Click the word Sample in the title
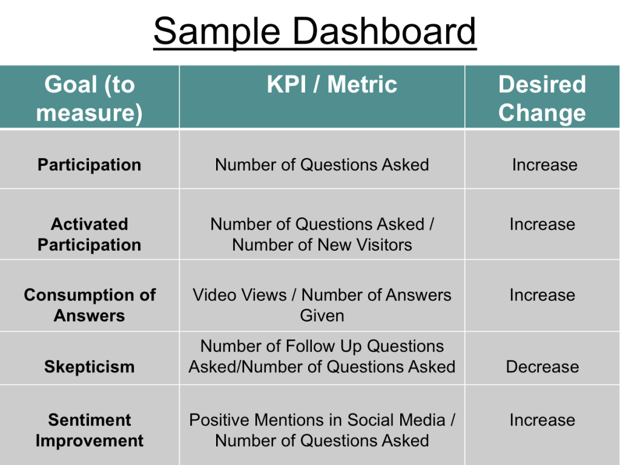point(217,31)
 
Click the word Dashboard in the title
point(384,31)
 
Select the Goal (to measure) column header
point(90,99)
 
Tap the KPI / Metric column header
point(332,84)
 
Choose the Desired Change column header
point(542,99)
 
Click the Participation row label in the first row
point(90,165)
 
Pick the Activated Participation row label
point(90,234)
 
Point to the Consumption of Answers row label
point(90,305)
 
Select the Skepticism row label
point(90,367)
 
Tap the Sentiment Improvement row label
point(90,430)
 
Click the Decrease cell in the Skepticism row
point(542,367)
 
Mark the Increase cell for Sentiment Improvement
point(542,420)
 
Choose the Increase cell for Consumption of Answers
point(542,295)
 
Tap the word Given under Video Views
point(322,315)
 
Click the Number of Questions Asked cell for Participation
point(322,165)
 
